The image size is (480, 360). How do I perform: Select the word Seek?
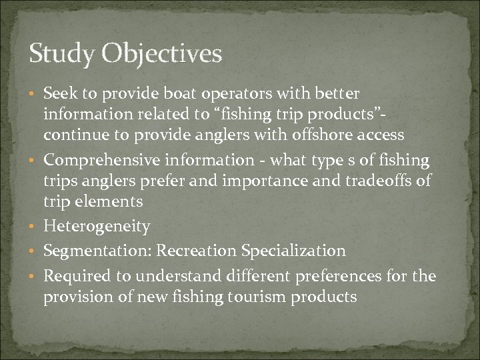click(59, 93)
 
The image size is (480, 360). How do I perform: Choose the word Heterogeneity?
click(97, 227)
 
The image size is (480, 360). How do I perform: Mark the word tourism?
click(254, 296)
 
